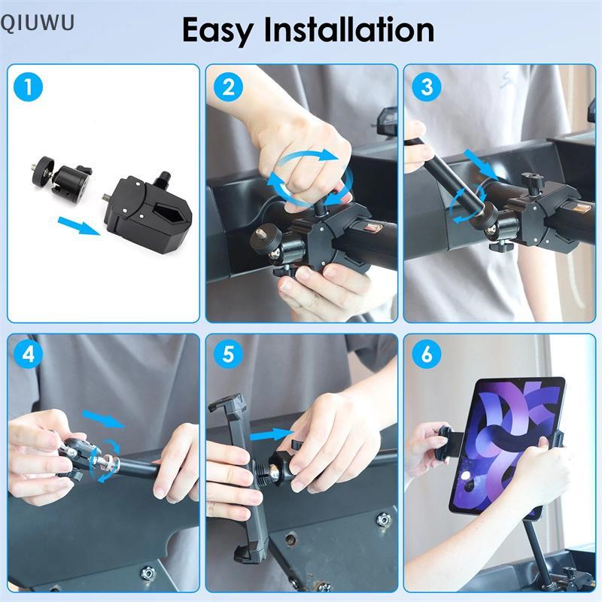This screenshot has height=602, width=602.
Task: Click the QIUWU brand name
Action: [37, 23]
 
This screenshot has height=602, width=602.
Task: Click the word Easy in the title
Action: [217, 31]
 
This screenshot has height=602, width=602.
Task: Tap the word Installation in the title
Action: [349, 29]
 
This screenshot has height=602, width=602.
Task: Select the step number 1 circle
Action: [28, 87]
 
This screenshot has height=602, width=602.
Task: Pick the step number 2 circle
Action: [229, 87]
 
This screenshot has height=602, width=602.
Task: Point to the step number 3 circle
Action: [427, 87]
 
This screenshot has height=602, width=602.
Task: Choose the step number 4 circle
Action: [28, 354]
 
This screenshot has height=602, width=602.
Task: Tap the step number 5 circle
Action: [229, 354]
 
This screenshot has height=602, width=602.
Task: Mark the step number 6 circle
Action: [427, 354]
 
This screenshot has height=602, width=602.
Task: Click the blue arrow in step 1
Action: [79, 226]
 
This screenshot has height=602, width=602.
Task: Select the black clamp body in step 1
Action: [149, 210]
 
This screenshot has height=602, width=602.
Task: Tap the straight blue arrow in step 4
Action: [103, 418]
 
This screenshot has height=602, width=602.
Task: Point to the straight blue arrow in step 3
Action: [481, 165]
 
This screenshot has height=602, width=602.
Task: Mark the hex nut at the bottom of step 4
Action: [147, 573]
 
